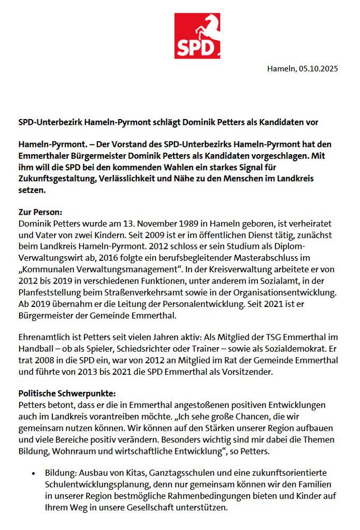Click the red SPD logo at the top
click(197, 36)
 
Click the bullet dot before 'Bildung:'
click(34, 474)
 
